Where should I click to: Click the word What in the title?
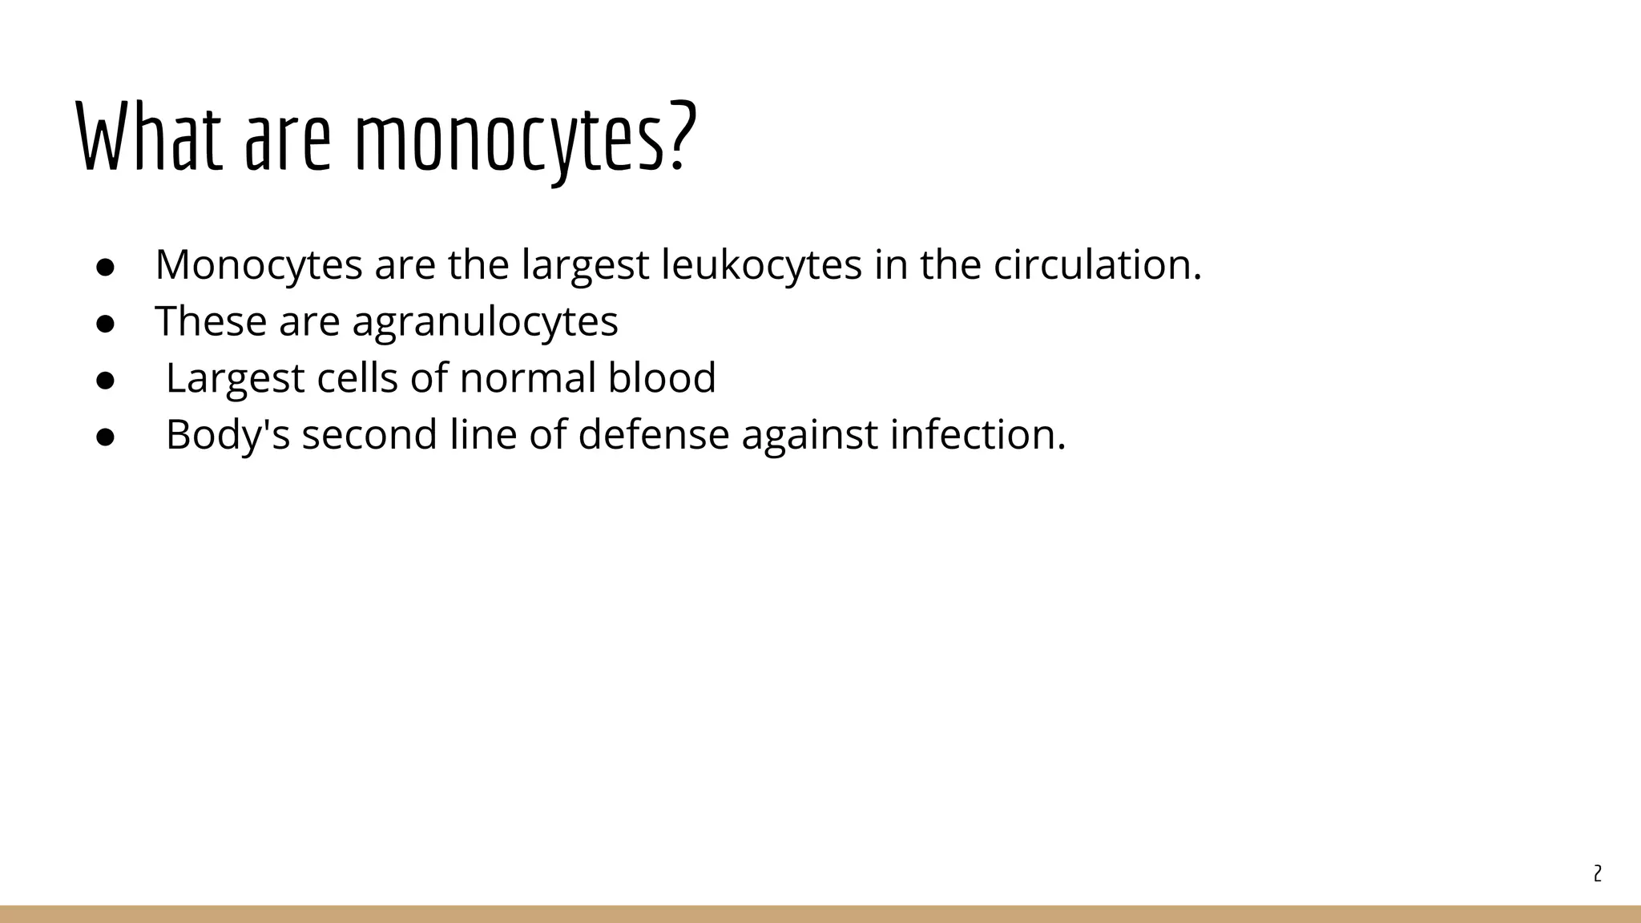(x=149, y=136)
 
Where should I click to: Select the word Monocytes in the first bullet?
(x=258, y=265)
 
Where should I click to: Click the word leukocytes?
(x=761, y=265)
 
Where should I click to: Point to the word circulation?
(x=1097, y=265)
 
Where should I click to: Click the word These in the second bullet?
(x=210, y=321)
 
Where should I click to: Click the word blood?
(x=662, y=378)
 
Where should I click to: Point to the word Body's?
(x=228, y=435)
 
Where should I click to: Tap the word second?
(x=369, y=435)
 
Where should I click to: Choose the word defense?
(x=653, y=435)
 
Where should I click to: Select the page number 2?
(x=1597, y=873)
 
